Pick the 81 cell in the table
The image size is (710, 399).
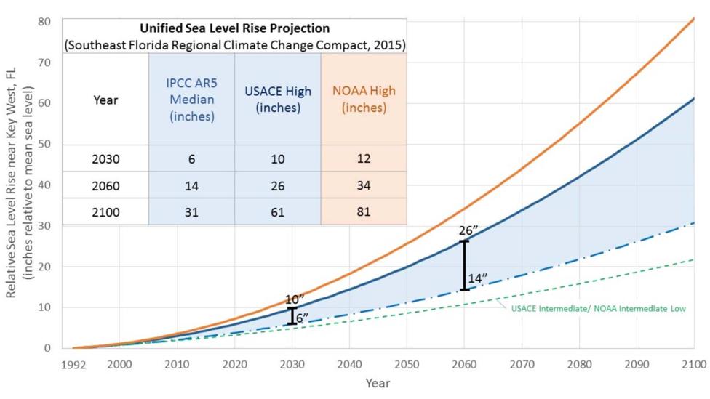pos(364,212)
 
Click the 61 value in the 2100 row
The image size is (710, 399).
pos(278,212)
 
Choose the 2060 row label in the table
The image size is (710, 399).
pos(105,185)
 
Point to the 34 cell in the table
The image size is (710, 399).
pos(364,185)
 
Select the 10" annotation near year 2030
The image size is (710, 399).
pos(294,299)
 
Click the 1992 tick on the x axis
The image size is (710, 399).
pos(73,363)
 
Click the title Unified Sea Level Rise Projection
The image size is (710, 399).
pos(234,28)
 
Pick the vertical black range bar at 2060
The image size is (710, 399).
pos(464,265)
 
